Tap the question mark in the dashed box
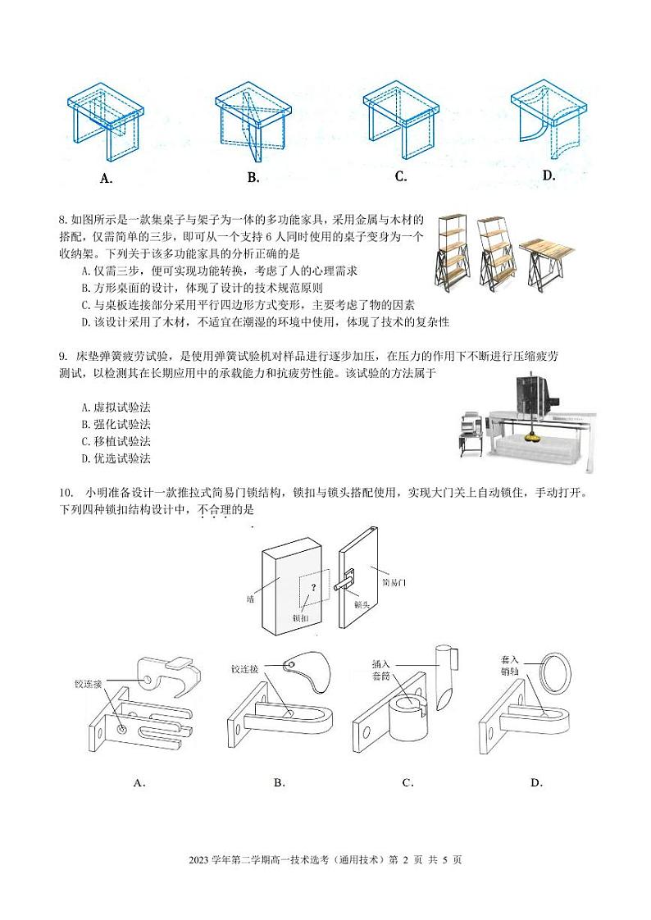[312, 587]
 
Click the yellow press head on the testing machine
[534, 435]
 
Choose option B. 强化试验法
[116, 424]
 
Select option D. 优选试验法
[116, 458]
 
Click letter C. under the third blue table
[401, 176]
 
